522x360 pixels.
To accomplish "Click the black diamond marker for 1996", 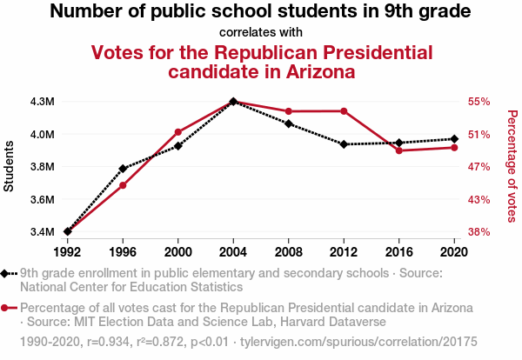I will pos(123,168).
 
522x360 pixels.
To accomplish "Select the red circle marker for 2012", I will pos(345,110).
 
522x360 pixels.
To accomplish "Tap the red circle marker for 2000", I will pos(178,131).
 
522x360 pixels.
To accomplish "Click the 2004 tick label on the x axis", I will pos(233,252).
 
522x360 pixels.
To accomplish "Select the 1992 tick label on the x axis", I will pos(67,252).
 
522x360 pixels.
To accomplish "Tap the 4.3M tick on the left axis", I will pos(42,102).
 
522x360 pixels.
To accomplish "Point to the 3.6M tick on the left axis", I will pos(42,200).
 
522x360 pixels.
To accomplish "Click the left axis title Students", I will pos(10,167).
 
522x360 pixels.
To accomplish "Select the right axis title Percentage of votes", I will pos(512,165).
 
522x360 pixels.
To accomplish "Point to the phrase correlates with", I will pos(261,33).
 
